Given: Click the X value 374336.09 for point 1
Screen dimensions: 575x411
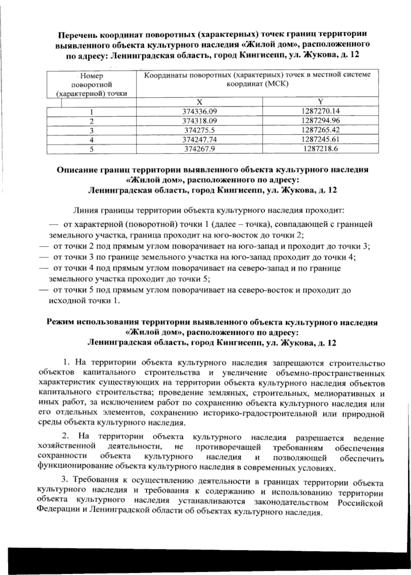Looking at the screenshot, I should tap(200, 111).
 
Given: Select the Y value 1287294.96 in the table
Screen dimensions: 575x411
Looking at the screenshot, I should tap(321, 121).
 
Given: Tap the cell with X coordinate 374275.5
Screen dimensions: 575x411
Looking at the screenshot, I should tap(199, 130).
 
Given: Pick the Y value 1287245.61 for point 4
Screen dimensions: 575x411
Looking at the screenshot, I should tap(321, 139).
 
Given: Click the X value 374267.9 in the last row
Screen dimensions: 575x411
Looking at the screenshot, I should tap(199, 149).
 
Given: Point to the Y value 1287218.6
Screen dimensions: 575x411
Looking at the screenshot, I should tap(321, 149).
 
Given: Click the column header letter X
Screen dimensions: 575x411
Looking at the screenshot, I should tap(200, 102).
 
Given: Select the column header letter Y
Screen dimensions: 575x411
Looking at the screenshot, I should tap(321, 102).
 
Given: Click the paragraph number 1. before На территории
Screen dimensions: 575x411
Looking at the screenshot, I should tap(67, 362).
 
